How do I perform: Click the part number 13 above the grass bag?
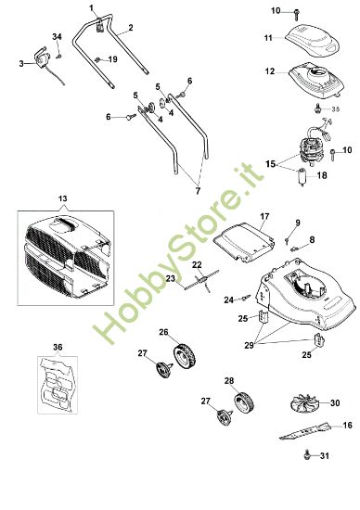(x=63, y=200)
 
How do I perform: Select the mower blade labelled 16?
(x=303, y=432)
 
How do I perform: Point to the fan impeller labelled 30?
(x=301, y=404)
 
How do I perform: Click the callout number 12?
(x=268, y=71)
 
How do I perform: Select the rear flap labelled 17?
(x=242, y=238)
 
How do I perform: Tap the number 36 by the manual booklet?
(x=58, y=348)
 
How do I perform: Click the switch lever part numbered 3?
(x=39, y=61)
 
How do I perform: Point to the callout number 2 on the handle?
(x=130, y=28)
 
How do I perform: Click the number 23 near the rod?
(x=171, y=278)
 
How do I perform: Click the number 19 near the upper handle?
(x=112, y=58)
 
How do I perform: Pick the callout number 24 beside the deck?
(x=227, y=299)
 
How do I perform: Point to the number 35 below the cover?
(x=335, y=108)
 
